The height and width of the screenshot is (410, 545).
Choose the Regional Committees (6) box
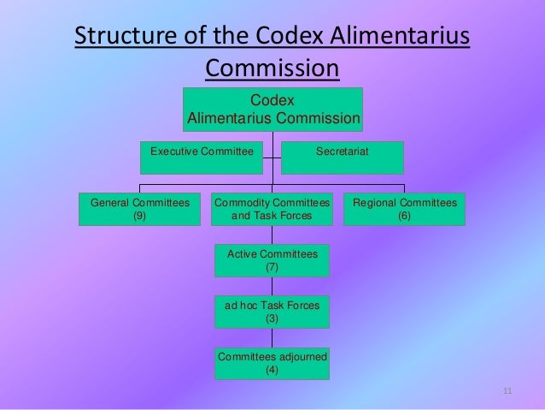coord(404,209)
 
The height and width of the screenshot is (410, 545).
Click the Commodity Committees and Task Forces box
coord(272,209)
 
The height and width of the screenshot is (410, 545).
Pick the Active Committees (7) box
coord(272,260)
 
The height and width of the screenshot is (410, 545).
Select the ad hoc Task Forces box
coord(272,311)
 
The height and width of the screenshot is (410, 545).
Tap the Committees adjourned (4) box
coord(272,362)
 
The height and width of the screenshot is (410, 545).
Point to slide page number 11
coord(507,392)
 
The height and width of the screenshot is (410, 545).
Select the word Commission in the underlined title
coord(272,68)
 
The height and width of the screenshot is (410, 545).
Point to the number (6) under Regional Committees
coord(404,216)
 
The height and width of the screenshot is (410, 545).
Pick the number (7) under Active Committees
coord(272,267)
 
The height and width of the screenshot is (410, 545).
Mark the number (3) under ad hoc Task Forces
coord(272,318)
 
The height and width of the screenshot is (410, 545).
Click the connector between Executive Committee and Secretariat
coord(273,157)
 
